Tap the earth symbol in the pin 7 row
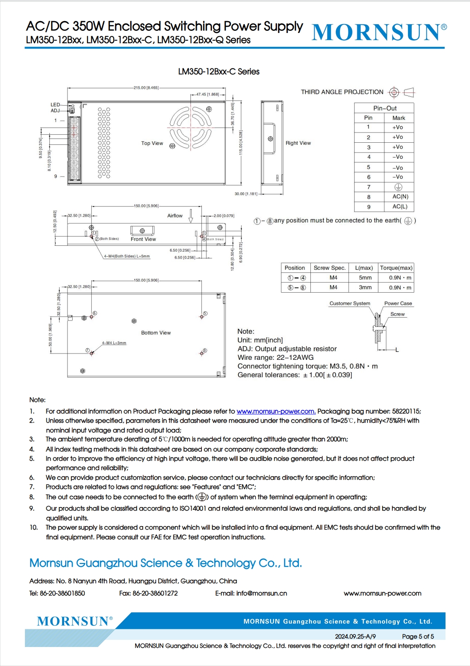click(x=398, y=187)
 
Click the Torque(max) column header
click(x=396, y=268)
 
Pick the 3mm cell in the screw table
click(x=365, y=288)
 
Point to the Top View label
click(x=152, y=143)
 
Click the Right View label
click(x=298, y=143)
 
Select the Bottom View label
click(x=156, y=333)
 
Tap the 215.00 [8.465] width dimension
click(x=146, y=88)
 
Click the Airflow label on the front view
click(x=175, y=216)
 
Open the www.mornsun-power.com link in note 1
click(x=276, y=411)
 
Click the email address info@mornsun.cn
click(x=261, y=593)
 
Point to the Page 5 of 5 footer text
click(x=418, y=636)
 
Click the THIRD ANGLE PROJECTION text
click(x=342, y=92)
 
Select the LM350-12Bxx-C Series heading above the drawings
click(x=219, y=72)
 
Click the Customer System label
click(x=350, y=304)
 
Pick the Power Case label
click(x=398, y=304)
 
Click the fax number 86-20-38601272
click(x=155, y=593)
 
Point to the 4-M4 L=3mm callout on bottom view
click(x=114, y=343)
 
